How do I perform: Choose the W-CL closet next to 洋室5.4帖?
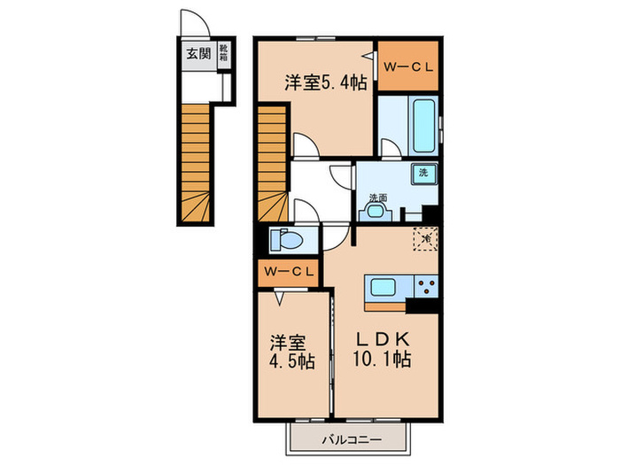[x=409, y=66]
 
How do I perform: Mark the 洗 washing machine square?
[x=423, y=173]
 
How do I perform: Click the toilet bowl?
[x=286, y=239]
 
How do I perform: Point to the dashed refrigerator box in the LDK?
[x=425, y=237]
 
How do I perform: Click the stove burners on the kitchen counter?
[x=426, y=286]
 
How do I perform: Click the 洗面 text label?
[x=378, y=198]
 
